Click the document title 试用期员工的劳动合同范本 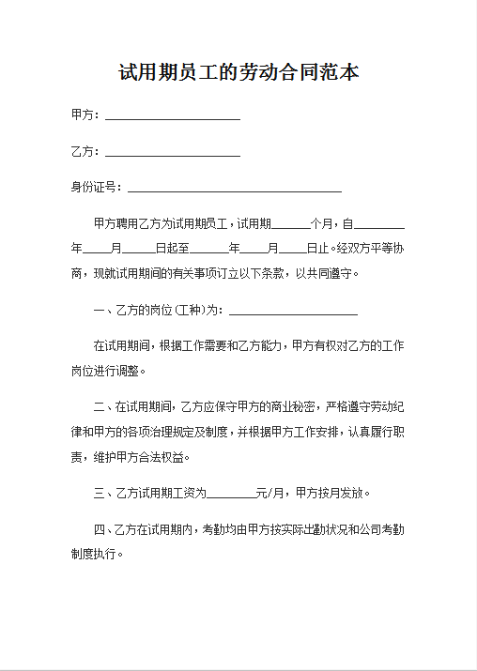coord(238,72)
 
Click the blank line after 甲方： coord(172,116)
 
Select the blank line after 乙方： coord(172,153)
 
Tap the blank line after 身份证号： coord(234,189)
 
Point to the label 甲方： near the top coord(85,114)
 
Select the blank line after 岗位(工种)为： coord(293,312)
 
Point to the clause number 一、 coord(103,311)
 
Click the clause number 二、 coord(103,407)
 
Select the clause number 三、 coord(103,493)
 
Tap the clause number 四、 coord(103,529)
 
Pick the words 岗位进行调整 coord(104,372)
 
